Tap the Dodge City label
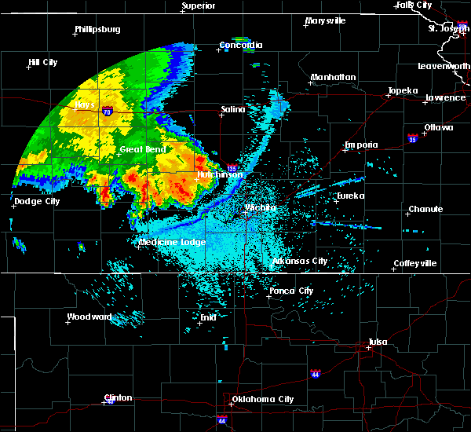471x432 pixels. [37, 201]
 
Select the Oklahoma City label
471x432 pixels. [262, 399]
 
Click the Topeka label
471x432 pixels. [402, 90]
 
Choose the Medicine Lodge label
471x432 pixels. [172, 242]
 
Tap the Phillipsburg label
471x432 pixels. [97, 30]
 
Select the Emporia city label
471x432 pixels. [361, 145]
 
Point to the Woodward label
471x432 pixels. [89, 317]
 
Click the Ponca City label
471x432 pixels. [291, 291]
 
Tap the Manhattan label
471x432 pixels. [333, 77]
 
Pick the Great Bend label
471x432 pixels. [141, 148]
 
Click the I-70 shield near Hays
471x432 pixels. [106, 112]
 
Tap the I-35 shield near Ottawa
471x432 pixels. [412, 137]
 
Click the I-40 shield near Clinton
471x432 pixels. [109, 402]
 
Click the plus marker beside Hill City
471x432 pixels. [29, 68]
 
